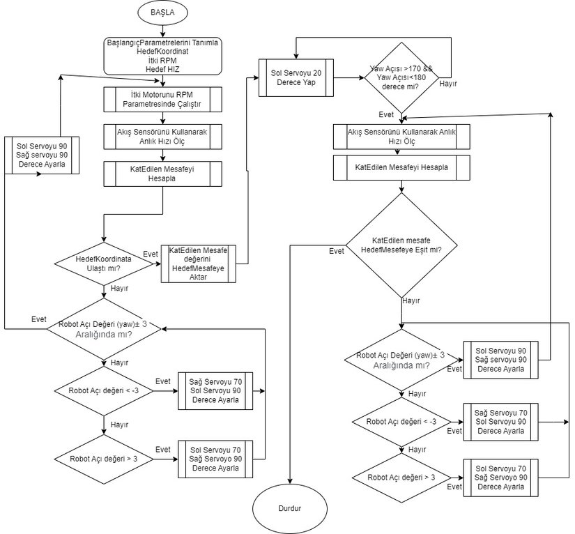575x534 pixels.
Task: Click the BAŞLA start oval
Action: (x=163, y=13)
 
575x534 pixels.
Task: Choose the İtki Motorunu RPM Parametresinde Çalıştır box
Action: (x=163, y=100)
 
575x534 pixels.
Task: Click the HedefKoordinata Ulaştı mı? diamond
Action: (x=103, y=264)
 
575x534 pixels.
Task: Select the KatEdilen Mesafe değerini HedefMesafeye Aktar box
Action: (x=199, y=264)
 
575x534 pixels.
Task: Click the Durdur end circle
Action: (x=289, y=509)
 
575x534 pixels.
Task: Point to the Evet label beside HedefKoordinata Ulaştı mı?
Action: (x=150, y=254)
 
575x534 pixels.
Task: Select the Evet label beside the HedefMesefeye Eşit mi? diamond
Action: (x=336, y=251)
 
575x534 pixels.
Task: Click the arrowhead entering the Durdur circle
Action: (x=289, y=482)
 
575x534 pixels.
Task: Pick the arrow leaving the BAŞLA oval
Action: (x=163, y=29)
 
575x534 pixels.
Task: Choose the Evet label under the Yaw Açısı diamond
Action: (x=385, y=114)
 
